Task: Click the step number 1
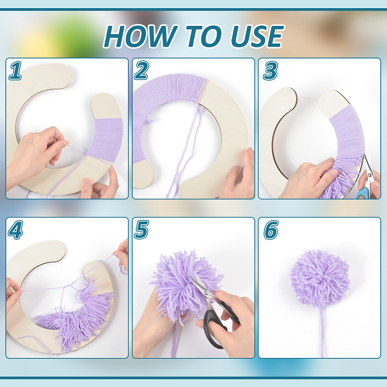click(x=15, y=71)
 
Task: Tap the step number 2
click(x=141, y=70)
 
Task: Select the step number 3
click(x=271, y=71)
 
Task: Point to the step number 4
click(x=15, y=230)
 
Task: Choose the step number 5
click(x=141, y=230)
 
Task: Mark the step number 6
click(x=271, y=230)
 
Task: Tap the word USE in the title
click(x=257, y=36)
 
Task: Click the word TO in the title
click(x=204, y=36)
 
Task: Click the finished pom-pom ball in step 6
click(x=320, y=277)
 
